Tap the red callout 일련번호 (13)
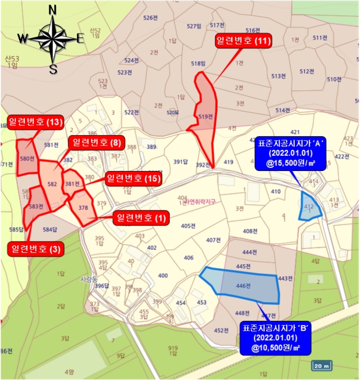coord(34,122)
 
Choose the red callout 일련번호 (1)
coord(140,218)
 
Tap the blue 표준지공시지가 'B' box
coord(276,337)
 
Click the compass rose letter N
coord(53,10)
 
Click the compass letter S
coord(53,69)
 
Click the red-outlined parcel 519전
coord(204,111)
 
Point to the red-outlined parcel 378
coord(83,209)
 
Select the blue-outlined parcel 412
coord(311,206)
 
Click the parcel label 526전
coord(150,18)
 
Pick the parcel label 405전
coord(188,226)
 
